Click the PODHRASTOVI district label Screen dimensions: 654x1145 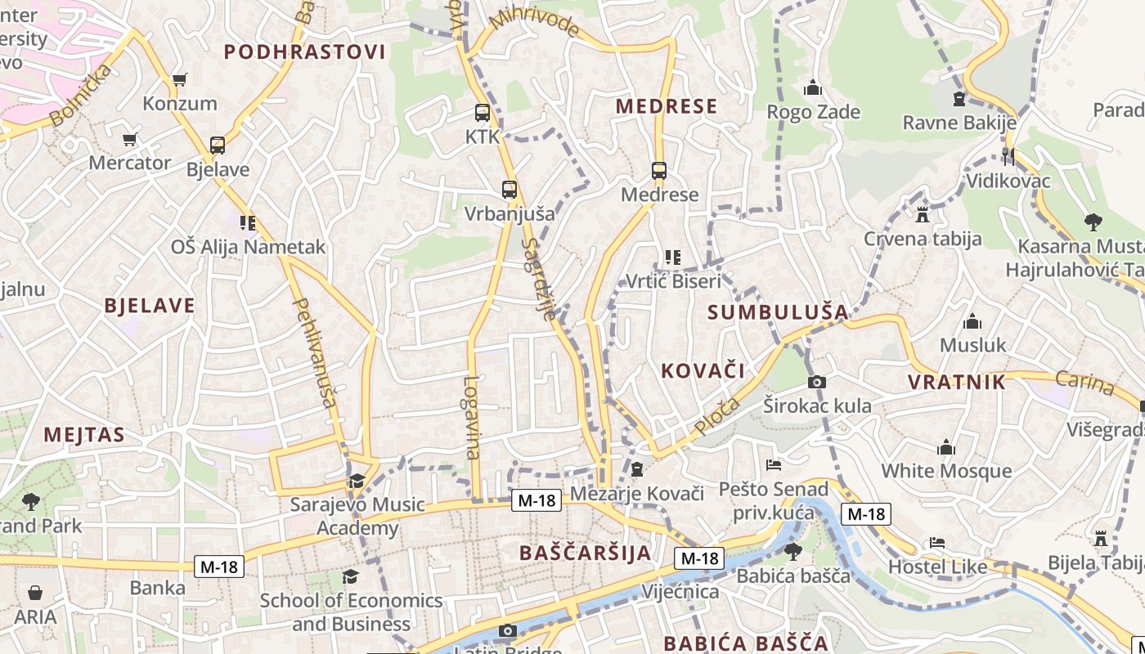coord(304,52)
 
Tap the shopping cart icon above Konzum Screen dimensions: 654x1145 coord(180,80)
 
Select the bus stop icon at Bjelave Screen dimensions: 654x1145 coord(217,146)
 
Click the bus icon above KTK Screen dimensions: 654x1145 coord(483,113)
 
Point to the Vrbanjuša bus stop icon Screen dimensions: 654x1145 coord(510,190)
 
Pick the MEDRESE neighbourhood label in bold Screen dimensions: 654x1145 coord(667,106)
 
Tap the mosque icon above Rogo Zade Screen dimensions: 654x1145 coord(813,87)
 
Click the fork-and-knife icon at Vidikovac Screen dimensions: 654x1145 coord(1008,156)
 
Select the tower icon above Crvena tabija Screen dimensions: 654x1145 coord(923,215)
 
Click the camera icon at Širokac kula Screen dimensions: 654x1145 coord(816,382)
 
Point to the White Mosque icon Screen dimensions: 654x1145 coord(946,447)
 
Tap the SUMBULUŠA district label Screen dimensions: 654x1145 coord(778,311)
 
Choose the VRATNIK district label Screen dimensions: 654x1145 coord(956,382)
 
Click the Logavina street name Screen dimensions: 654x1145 coord(471,417)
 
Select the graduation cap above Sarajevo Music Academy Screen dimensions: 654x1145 coord(356,481)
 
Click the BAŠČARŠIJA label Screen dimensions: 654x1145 coord(586,553)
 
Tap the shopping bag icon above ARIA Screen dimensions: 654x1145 coord(35,592)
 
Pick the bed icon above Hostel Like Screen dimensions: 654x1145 coord(937,543)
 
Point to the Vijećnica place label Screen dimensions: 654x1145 coord(680,592)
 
